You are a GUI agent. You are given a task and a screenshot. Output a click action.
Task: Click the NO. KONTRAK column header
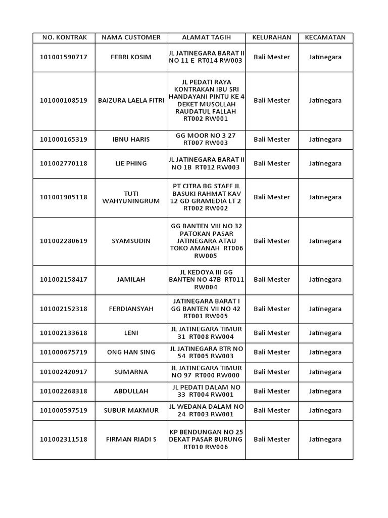tap(64, 37)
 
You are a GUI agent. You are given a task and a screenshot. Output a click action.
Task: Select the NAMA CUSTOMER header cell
tap(131, 37)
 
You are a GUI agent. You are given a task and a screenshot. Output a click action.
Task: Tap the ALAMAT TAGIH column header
tap(206, 37)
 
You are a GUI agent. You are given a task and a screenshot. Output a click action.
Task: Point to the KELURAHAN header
tap(272, 37)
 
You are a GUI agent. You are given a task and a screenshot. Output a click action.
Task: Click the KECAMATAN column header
tap(325, 37)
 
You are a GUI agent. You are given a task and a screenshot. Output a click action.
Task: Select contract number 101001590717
tap(64, 57)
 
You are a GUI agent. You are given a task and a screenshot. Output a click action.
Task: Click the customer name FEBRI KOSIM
tap(131, 57)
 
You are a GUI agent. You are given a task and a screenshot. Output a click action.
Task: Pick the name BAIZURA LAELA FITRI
tap(131, 101)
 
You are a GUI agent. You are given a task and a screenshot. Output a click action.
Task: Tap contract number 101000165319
tap(64, 140)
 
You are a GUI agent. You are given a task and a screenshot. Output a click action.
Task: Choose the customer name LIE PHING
tap(131, 163)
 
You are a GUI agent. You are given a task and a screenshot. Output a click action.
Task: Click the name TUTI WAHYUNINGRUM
tap(131, 197)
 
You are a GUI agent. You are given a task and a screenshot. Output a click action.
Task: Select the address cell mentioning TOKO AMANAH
tap(206, 241)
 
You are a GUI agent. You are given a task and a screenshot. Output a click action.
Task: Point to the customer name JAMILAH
tap(131, 279)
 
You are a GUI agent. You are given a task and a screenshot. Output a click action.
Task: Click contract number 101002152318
tap(64, 309)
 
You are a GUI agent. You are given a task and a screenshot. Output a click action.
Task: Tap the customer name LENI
tap(131, 333)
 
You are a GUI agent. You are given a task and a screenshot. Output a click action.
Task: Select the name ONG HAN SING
tap(131, 352)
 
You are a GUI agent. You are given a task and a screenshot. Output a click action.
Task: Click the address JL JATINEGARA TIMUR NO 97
tap(206, 372)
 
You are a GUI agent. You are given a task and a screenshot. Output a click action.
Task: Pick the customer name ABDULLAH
tap(131, 391)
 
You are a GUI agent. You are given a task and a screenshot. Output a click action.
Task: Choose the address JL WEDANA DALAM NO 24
tap(206, 410)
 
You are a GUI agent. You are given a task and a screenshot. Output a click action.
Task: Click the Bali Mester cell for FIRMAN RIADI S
tap(272, 439)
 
